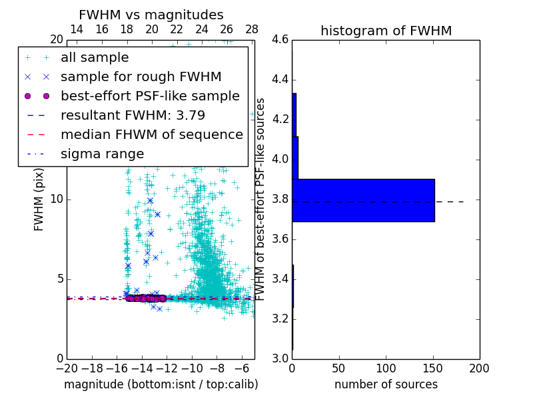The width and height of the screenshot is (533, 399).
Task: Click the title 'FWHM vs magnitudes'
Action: (x=151, y=15)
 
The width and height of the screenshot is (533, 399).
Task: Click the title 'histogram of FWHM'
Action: (x=386, y=31)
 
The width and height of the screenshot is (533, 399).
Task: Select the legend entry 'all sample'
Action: (x=95, y=58)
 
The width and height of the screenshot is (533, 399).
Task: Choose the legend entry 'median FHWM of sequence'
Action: (x=151, y=134)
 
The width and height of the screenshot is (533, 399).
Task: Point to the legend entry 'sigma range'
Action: (x=102, y=154)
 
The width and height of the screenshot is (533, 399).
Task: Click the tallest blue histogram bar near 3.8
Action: (x=363, y=200)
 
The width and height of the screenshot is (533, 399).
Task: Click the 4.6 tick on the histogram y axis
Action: (x=280, y=40)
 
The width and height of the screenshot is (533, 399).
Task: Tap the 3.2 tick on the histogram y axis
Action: (x=280, y=319)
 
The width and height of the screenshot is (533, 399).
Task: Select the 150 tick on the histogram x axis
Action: (x=432, y=368)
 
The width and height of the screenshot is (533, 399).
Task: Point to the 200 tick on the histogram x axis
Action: (x=479, y=368)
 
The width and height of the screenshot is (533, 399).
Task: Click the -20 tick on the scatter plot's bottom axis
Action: (x=67, y=368)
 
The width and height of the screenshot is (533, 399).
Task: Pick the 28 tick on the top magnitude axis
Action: (x=252, y=29)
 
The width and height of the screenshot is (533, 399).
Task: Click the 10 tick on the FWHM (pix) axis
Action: (x=57, y=199)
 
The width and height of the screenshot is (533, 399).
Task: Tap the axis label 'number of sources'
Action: (x=386, y=384)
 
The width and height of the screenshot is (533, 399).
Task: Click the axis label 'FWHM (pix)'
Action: (x=39, y=199)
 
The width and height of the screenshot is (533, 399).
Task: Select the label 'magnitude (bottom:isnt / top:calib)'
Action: (x=161, y=384)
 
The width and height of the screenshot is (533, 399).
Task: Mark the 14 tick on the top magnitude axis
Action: (x=77, y=29)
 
